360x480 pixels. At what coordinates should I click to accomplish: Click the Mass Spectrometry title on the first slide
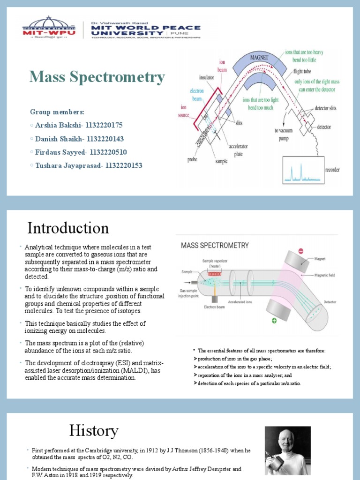[x=97, y=77]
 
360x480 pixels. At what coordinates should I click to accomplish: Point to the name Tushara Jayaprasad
[x=69, y=165]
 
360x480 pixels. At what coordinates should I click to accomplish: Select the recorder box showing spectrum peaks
[x=302, y=170]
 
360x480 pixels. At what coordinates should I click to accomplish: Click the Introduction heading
[x=68, y=228]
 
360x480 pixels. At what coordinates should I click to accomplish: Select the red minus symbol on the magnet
[x=300, y=251]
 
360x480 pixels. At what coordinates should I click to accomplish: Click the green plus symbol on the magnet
[x=274, y=320]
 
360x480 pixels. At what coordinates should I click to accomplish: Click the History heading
[x=94, y=430]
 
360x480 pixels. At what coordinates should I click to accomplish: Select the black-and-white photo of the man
[x=287, y=450]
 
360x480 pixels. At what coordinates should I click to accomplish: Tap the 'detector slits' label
[x=325, y=108]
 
